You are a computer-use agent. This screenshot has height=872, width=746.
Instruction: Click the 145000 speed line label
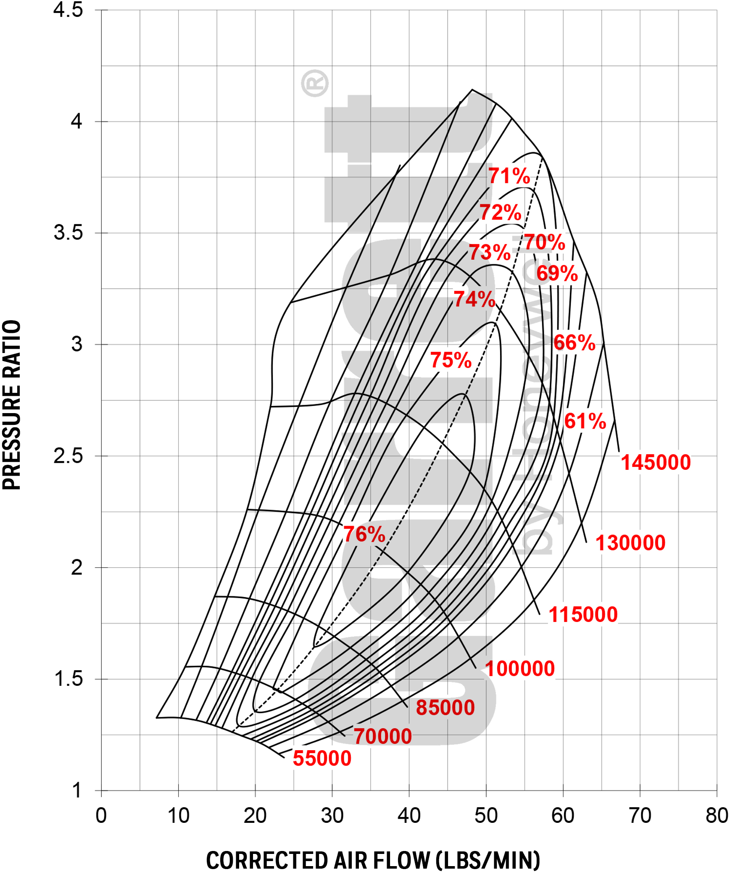pyautogui.click(x=656, y=463)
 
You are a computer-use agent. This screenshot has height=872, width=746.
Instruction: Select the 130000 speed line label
pyautogui.click(x=630, y=543)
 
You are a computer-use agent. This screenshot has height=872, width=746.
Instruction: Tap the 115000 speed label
pyautogui.click(x=583, y=615)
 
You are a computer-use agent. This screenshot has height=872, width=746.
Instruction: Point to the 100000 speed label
pyautogui.click(x=520, y=669)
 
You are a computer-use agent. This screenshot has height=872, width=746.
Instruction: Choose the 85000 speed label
pyautogui.click(x=445, y=707)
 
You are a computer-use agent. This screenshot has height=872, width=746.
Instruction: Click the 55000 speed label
pyautogui.click(x=322, y=759)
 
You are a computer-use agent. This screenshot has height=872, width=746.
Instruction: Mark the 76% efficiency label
pyautogui.click(x=364, y=535)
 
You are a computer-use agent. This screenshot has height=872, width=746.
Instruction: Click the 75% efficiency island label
pyautogui.click(x=451, y=360)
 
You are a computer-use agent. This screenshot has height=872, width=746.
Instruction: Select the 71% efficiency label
pyautogui.click(x=509, y=176)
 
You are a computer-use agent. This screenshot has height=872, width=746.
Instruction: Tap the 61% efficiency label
pyautogui.click(x=585, y=421)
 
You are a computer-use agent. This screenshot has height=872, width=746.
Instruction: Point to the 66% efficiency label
pyautogui.click(x=574, y=343)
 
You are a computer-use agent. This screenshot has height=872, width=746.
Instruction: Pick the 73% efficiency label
pyautogui.click(x=490, y=253)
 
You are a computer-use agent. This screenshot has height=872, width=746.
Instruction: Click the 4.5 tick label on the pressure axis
pyautogui.click(x=68, y=10)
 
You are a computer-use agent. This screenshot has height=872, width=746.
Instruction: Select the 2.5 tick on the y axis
pyautogui.click(x=68, y=456)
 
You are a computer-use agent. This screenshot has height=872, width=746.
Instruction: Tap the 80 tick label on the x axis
pyautogui.click(x=717, y=816)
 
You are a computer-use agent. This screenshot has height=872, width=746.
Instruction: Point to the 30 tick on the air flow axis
pyautogui.click(x=332, y=816)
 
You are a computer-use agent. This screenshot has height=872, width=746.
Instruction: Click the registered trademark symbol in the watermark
pyautogui.click(x=315, y=83)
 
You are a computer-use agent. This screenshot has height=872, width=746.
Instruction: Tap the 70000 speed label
pyautogui.click(x=383, y=737)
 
